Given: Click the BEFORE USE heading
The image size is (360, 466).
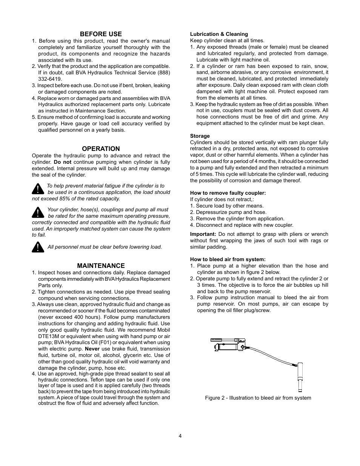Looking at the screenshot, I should coord(101,34).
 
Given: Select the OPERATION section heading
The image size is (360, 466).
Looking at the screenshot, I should coord(101,149).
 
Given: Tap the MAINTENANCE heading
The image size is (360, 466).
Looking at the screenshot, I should coord(101,266).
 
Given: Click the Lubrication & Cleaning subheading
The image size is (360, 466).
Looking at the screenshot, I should coord(219,34).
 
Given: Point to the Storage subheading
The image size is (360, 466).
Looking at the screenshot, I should coord(200,136).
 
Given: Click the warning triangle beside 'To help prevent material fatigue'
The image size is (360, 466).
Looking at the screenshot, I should coord(38,188).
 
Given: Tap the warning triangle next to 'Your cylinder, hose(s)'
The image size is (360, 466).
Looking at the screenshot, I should coord(38,212).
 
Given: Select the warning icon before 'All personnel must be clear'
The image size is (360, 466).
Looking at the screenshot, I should coord(38,247).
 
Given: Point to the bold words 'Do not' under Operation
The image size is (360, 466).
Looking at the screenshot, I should coord(62,162).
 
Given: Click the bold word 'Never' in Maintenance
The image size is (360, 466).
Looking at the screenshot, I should coord(92,349).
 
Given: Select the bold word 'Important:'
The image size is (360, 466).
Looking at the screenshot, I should coord(203,234).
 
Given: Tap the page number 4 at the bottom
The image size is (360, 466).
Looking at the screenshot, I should coord(180,436).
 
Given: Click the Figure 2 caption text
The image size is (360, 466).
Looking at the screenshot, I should coord(258,398).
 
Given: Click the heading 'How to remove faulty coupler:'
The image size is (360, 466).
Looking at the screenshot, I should coord(228,193).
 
